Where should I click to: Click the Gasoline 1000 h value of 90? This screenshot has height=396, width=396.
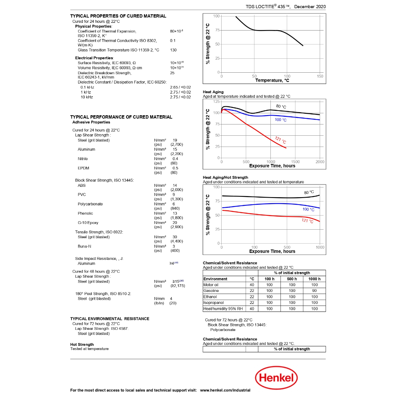point(314,291)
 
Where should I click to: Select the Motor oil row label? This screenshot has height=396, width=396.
point(211,285)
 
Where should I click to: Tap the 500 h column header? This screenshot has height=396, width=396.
point(292,279)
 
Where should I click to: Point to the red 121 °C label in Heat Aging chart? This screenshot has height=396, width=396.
point(280,140)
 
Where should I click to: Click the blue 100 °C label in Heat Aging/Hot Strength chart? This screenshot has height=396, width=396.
point(308,209)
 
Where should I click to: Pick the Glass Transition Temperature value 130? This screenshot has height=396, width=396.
point(173,50)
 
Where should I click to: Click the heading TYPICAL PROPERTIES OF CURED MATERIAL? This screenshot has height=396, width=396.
point(118,16)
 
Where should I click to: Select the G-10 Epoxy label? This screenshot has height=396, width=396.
point(88,223)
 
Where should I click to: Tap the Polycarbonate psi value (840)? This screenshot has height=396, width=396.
point(175,208)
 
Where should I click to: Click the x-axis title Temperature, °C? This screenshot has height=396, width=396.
point(272,80)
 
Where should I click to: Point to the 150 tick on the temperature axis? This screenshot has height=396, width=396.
point(320,76)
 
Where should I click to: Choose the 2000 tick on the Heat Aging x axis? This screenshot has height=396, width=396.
point(320,162)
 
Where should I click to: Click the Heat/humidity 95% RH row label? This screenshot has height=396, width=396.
point(222,309)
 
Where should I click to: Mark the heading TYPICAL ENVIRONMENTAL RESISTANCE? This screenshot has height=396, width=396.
point(109,319)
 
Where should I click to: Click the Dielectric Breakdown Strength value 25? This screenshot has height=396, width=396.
point(172,73)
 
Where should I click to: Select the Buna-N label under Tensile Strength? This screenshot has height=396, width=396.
point(84,246)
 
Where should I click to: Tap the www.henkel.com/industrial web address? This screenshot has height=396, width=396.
point(225,390)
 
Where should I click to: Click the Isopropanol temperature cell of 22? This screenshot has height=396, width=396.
point(252,303)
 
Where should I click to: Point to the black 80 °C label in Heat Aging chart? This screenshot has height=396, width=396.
point(281,106)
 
